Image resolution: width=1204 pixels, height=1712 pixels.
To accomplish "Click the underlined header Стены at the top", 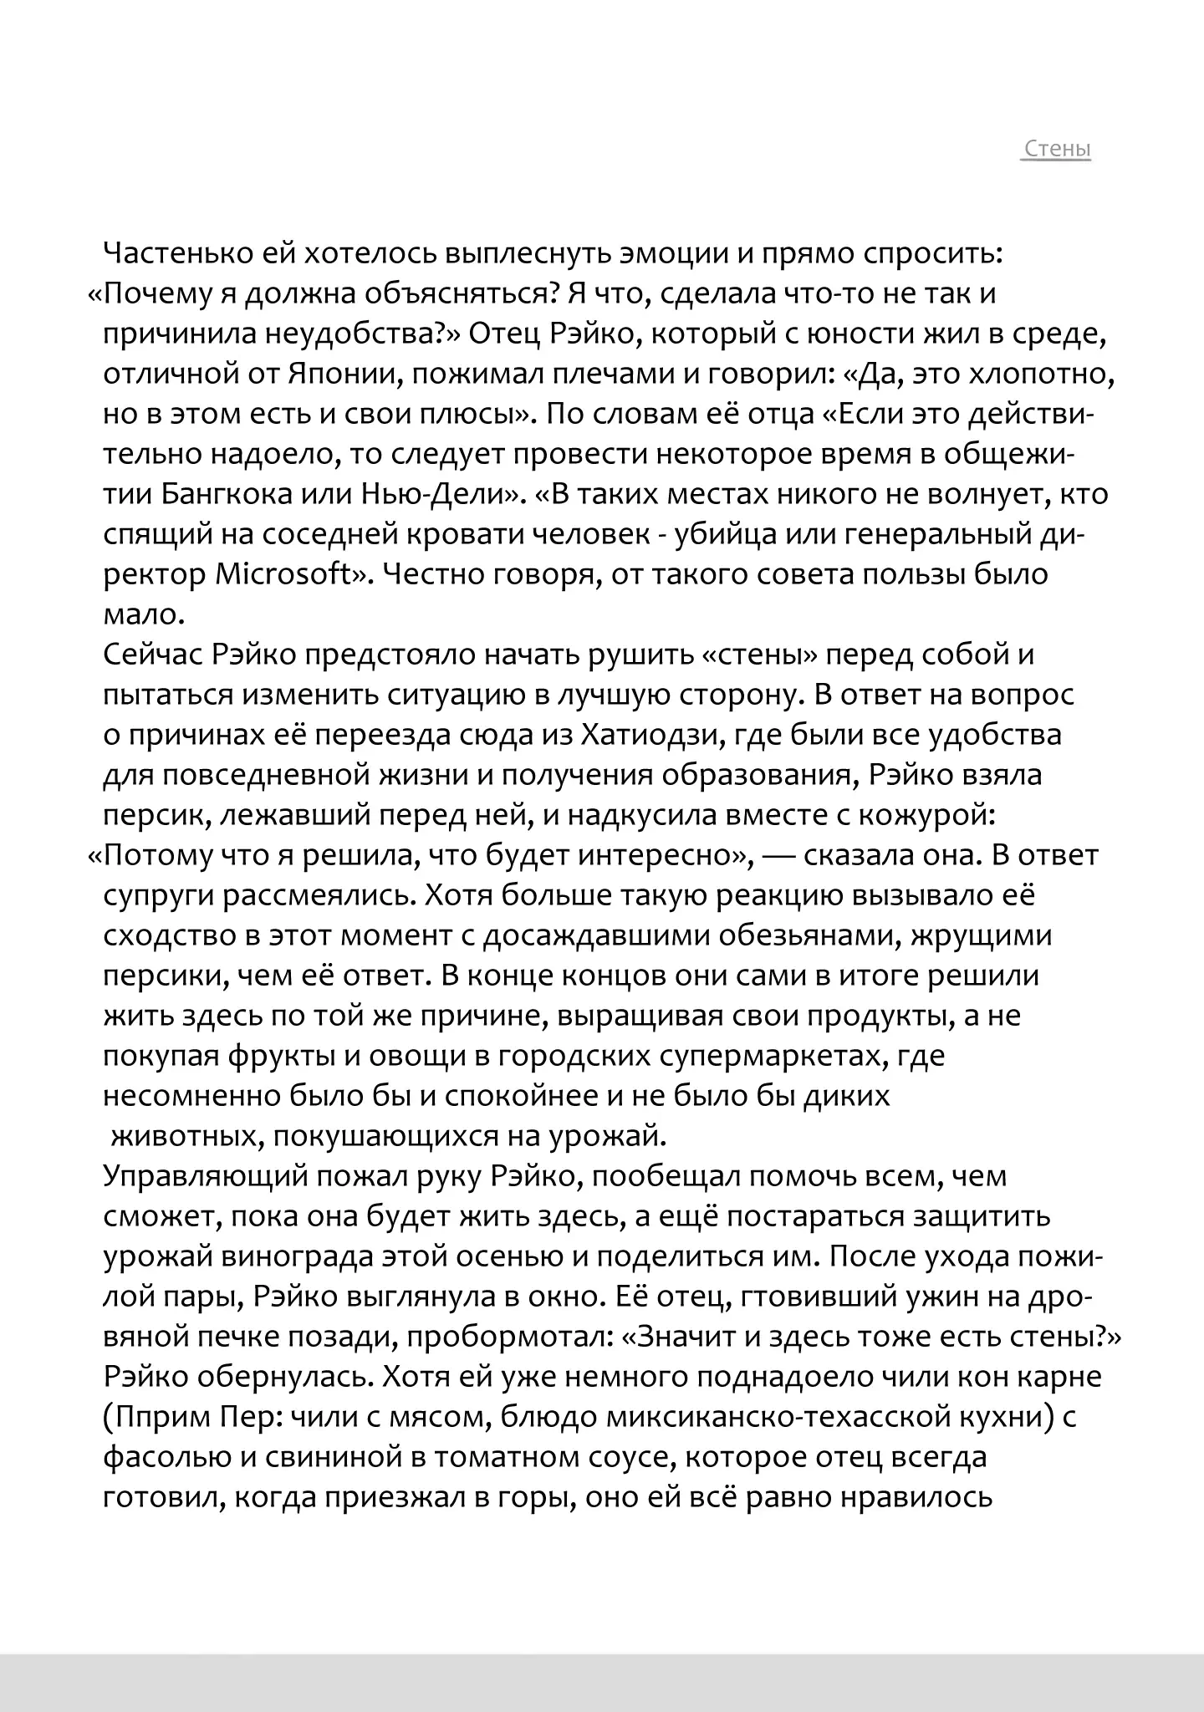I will [x=1057, y=150].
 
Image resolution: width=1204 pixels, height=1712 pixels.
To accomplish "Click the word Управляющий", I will [x=202, y=1177].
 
